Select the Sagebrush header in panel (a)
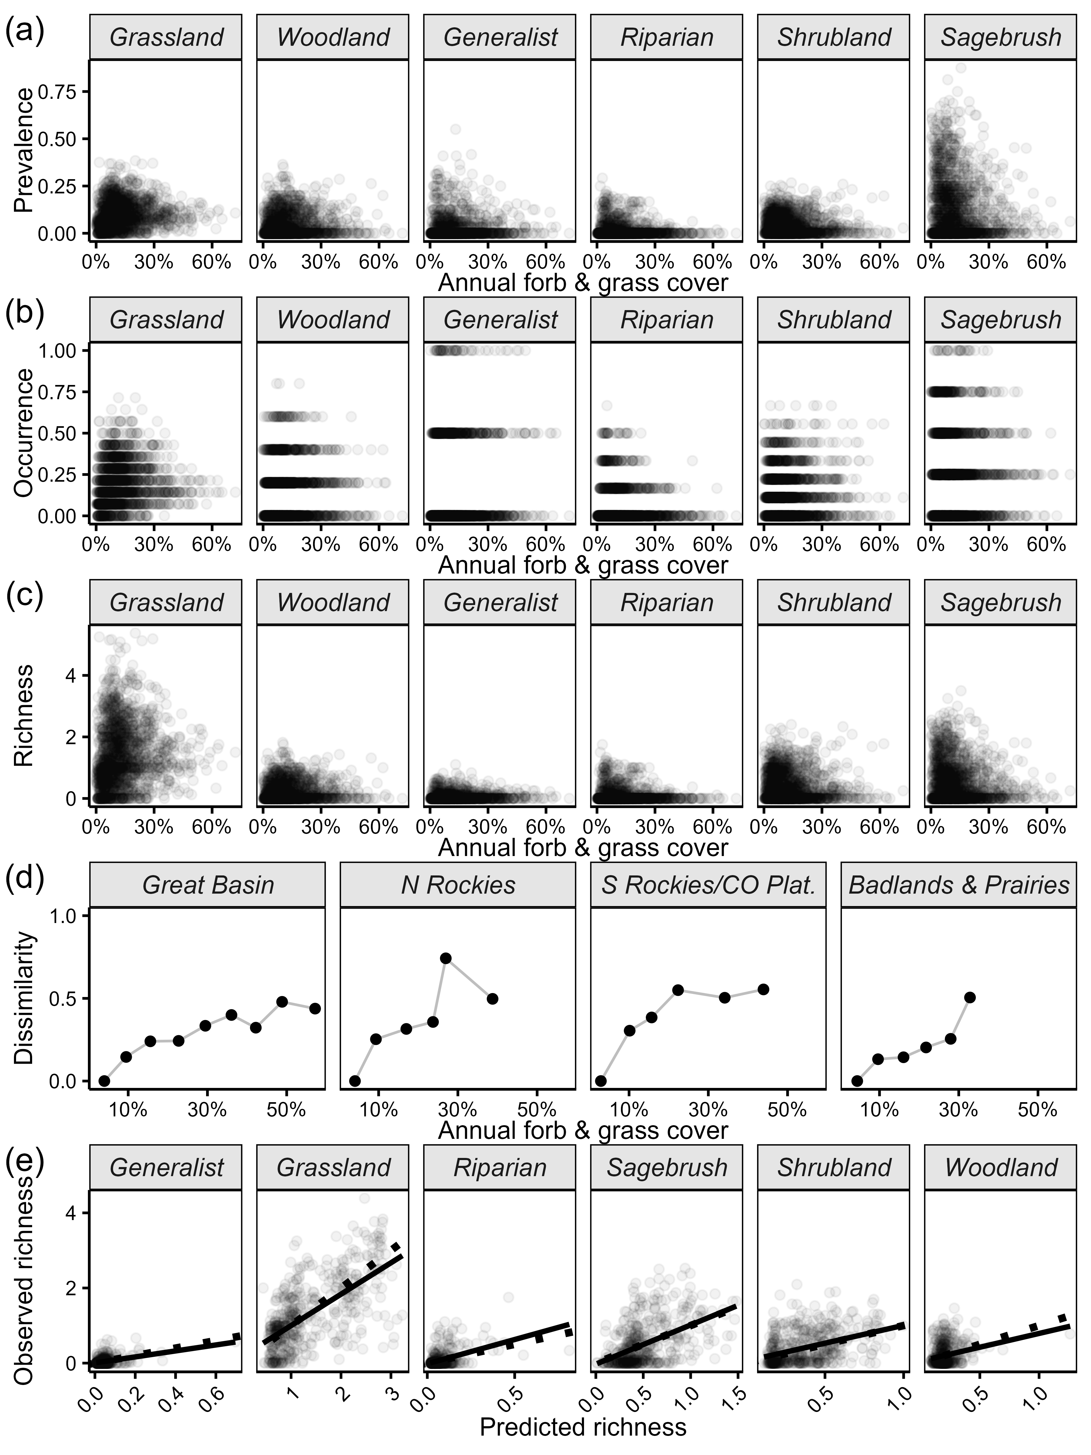(x=1000, y=38)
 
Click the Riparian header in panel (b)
(x=667, y=320)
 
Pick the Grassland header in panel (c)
(x=166, y=603)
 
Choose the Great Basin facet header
(x=208, y=885)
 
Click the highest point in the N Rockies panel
(x=445, y=958)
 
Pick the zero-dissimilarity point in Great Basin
(x=104, y=1081)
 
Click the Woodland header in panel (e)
(x=1000, y=1168)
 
